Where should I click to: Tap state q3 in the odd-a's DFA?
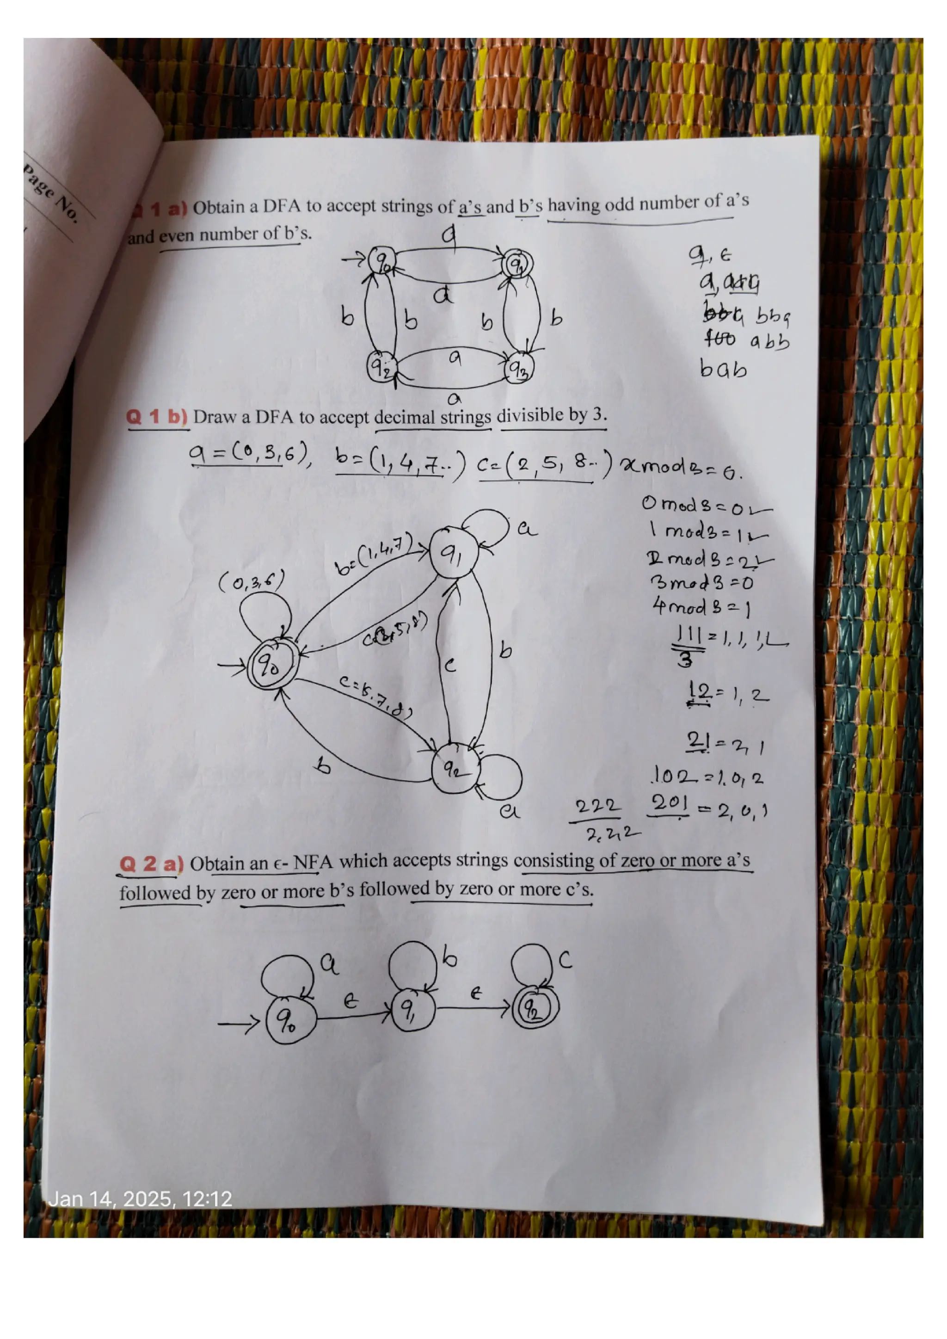[x=518, y=369]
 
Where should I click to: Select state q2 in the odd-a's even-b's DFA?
[x=381, y=367]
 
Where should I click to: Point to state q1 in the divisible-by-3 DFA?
[x=454, y=554]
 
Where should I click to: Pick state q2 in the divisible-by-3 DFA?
[x=455, y=769]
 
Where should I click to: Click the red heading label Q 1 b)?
[x=156, y=417]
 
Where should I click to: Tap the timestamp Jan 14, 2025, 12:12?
[x=140, y=1199]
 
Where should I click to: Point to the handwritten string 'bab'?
[x=723, y=369]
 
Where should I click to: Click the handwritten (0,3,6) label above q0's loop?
[x=252, y=581]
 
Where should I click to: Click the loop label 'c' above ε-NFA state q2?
[x=565, y=960]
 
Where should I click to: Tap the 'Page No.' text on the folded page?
[x=51, y=192]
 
